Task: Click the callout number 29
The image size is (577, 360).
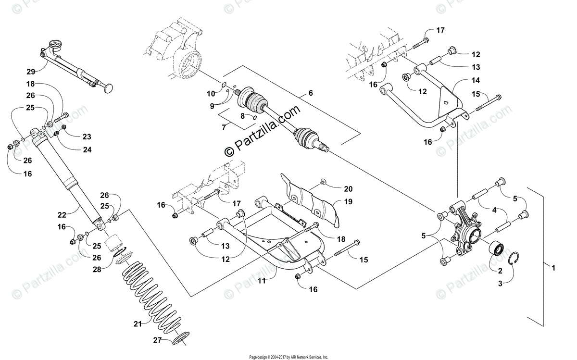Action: (31, 72)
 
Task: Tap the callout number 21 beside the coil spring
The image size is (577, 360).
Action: (138, 324)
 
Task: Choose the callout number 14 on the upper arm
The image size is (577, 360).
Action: (462, 81)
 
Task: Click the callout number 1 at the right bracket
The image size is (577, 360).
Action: (553, 268)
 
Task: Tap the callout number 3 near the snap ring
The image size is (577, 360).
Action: (500, 284)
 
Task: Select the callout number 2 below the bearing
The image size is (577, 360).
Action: (500, 271)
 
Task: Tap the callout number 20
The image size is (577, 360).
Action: (348, 188)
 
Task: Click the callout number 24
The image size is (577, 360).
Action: (87, 149)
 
